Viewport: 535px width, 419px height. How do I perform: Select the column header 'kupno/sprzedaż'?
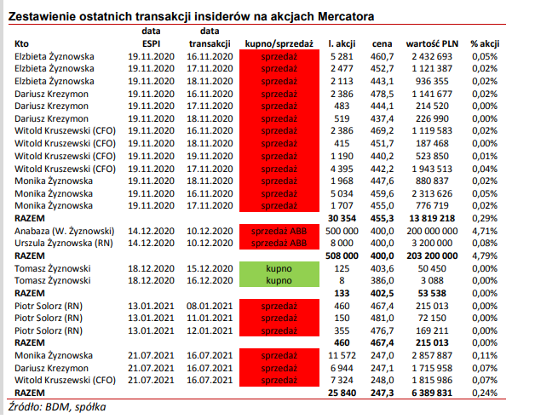279,43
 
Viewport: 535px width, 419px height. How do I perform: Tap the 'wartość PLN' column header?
434,43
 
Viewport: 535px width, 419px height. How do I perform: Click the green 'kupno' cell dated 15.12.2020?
279,267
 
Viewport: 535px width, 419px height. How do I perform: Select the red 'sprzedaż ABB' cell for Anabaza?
279,230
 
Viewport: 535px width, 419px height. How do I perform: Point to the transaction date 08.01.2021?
210,304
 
